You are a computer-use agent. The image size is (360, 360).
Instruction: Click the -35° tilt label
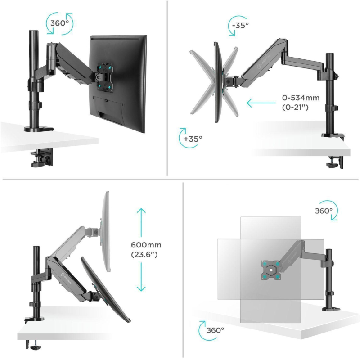(240, 25)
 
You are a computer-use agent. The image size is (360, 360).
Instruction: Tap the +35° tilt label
(193, 139)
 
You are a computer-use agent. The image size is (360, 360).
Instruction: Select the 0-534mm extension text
(301, 98)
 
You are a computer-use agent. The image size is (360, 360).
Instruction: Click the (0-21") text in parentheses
(295, 107)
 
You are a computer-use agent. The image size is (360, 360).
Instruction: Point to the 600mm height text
(146, 245)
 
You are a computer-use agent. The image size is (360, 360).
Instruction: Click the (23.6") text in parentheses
(144, 254)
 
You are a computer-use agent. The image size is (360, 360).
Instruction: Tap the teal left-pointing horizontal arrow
(261, 103)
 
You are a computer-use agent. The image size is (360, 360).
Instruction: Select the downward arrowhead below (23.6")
(141, 288)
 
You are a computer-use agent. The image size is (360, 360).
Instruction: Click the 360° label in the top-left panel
(59, 23)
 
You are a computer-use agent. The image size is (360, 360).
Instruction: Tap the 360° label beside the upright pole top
(324, 211)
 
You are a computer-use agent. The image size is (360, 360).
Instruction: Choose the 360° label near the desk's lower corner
(215, 330)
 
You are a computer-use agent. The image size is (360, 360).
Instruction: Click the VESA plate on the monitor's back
(104, 76)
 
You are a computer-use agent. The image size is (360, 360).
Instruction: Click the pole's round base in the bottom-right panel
(331, 309)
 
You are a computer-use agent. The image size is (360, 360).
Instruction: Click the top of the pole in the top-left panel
(33, 31)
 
